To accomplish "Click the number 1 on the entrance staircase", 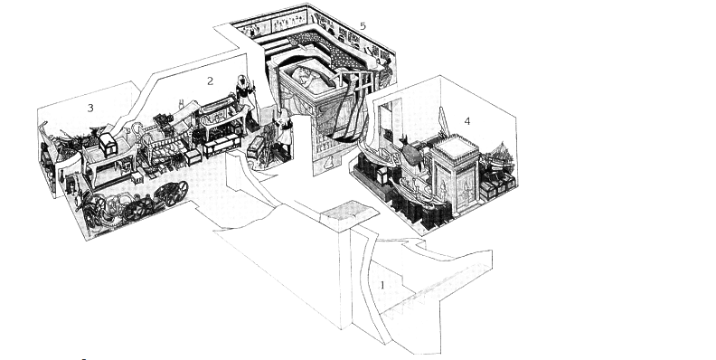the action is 382,285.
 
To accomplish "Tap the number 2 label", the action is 210,81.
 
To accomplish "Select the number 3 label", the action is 90,108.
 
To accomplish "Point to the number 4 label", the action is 466,121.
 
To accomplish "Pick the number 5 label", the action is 363,26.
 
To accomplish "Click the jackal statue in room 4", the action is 411,152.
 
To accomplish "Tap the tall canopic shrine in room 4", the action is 456,173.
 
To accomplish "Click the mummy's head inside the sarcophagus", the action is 302,74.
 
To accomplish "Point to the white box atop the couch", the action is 108,145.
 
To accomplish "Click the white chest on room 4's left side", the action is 382,175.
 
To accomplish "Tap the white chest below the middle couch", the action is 193,157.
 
